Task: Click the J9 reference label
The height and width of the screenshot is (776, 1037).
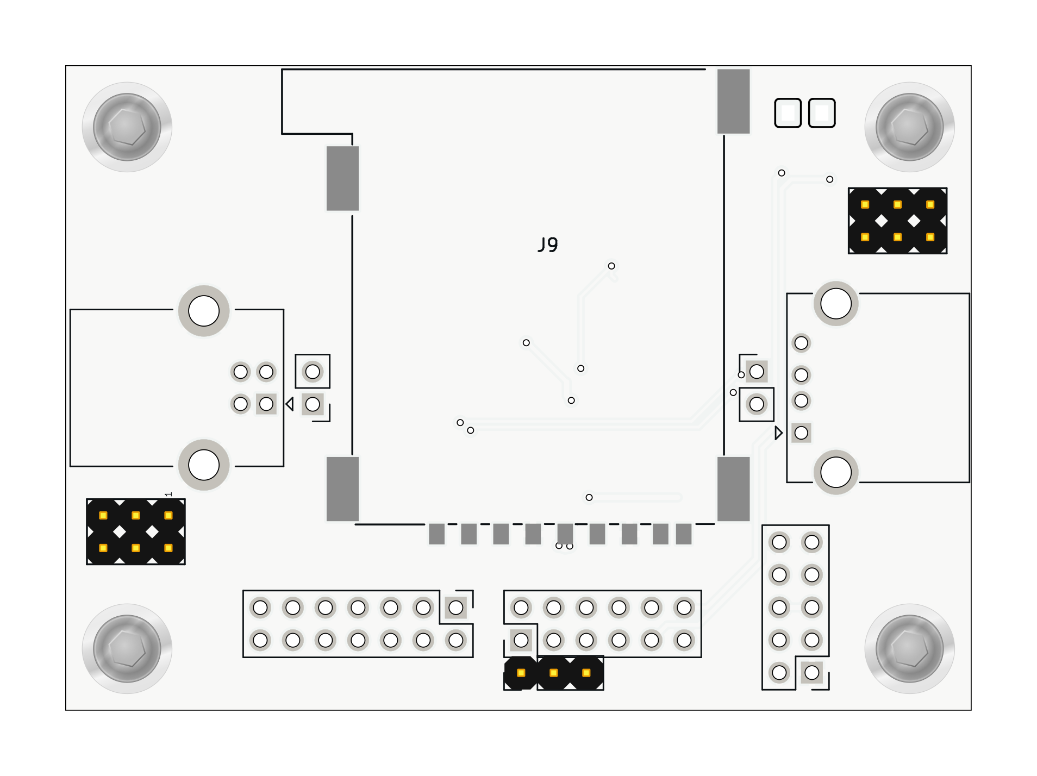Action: tap(548, 245)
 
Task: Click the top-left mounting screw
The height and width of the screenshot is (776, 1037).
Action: tap(127, 127)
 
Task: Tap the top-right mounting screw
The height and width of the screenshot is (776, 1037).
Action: tap(909, 127)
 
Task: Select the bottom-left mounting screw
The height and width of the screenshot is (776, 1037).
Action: tap(127, 648)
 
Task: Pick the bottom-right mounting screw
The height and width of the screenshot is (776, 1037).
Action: tap(909, 648)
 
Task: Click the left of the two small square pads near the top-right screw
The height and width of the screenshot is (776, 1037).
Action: tap(788, 113)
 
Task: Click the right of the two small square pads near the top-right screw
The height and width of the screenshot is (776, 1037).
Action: tap(822, 113)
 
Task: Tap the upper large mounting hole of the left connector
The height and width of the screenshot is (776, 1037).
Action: tap(204, 311)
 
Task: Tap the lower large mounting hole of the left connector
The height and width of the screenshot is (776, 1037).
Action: tap(204, 465)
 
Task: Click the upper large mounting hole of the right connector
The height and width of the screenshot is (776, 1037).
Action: tap(836, 304)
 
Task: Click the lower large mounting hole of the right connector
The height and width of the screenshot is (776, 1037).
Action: tap(836, 472)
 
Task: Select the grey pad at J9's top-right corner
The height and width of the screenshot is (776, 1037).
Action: tap(733, 101)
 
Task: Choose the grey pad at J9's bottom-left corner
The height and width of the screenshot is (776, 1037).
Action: tap(342, 489)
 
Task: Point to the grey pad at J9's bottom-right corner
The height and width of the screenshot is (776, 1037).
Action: tap(733, 489)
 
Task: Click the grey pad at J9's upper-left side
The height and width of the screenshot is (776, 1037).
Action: tap(342, 178)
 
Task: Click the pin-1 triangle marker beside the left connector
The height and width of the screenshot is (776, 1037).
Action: tap(290, 404)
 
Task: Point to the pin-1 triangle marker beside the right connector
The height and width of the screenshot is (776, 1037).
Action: tap(778, 433)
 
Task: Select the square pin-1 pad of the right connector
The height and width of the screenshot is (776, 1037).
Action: tap(801, 433)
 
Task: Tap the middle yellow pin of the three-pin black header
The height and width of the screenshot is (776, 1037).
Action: tap(553, 673)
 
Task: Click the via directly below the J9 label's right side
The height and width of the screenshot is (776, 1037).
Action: tap(611, 266)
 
